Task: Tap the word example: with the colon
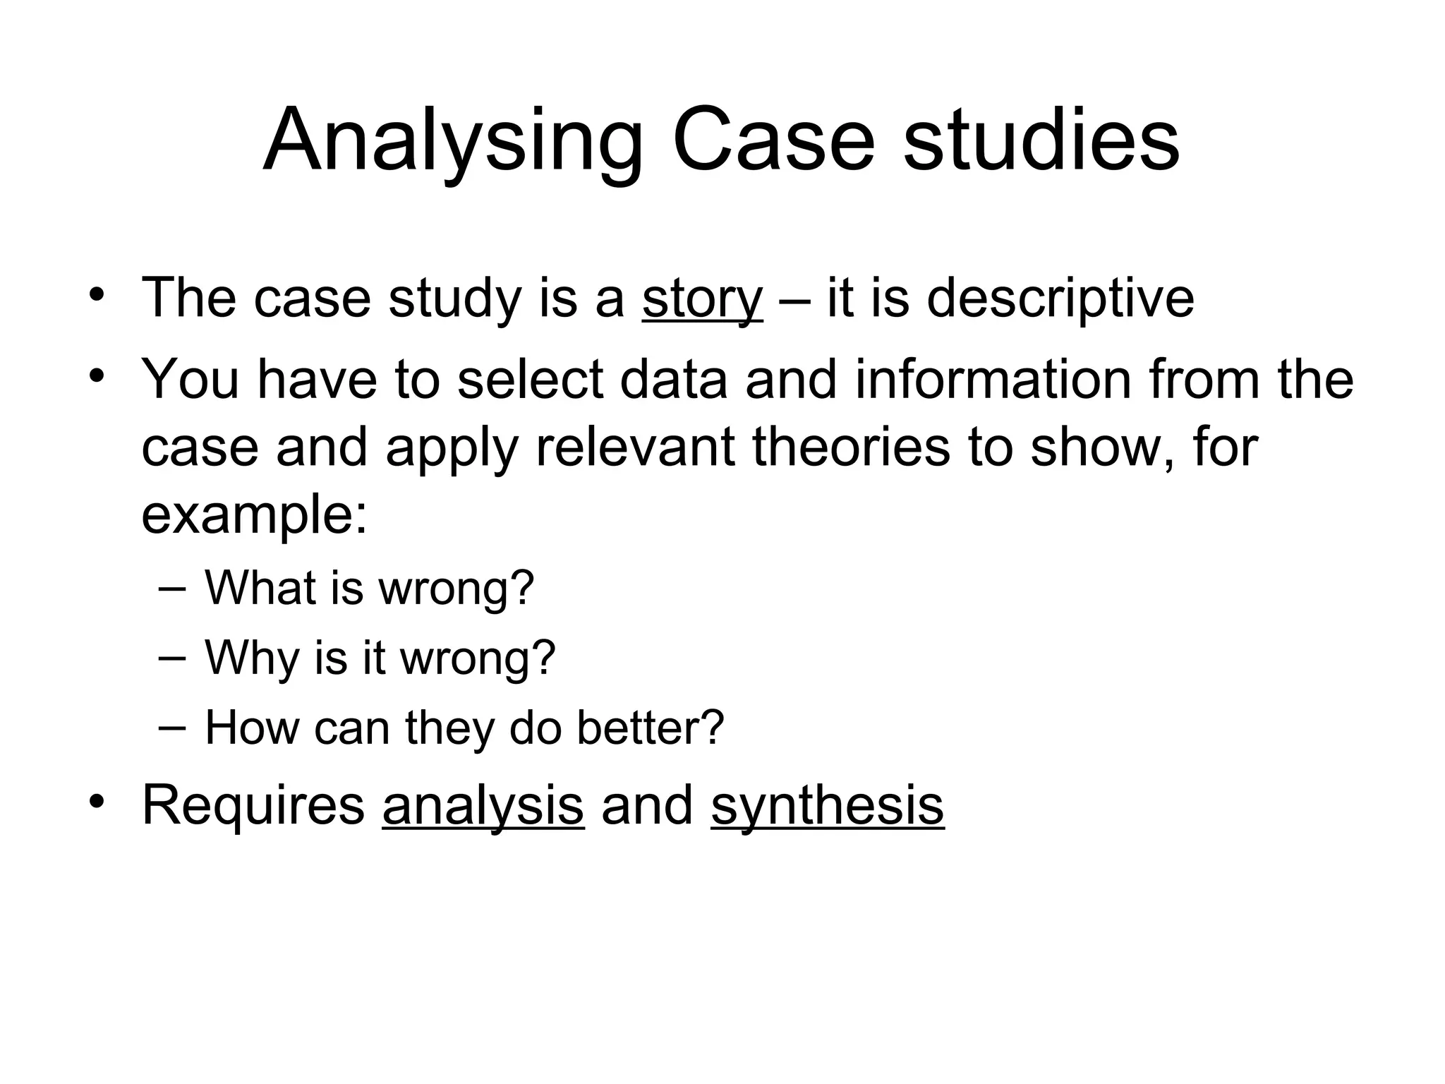255,516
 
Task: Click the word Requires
253,805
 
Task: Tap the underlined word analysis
483,805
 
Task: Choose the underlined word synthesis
827,805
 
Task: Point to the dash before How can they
172,728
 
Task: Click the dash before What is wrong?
172,587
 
